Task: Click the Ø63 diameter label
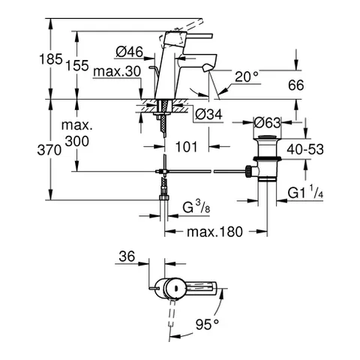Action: [x=268, y=123]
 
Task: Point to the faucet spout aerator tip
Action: [x=206, y=68]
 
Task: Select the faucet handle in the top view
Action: [x=196, y=286]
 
